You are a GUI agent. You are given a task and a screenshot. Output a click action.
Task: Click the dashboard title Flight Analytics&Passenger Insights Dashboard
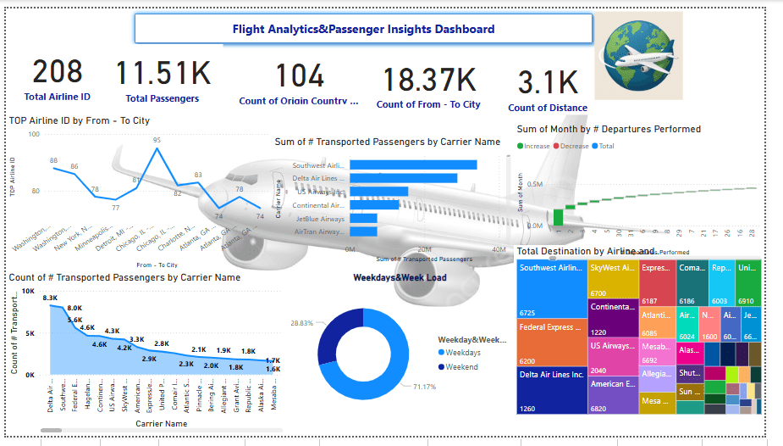(363, 29)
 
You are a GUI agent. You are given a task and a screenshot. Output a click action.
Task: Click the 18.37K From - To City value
(428, 80)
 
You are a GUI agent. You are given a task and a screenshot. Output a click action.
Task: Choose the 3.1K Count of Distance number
(547, 83)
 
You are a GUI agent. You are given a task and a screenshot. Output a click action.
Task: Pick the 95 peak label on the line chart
(157, 141)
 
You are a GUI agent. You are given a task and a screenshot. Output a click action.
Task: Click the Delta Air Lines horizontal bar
(403, 178)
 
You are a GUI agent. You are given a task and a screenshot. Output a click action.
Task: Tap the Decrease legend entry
(573, 146)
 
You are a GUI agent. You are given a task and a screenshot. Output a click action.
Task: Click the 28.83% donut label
(301, 324)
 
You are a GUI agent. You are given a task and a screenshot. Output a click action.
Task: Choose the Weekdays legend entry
(463, 352)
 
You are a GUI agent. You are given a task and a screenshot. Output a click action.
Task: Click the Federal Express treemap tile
(552, 342)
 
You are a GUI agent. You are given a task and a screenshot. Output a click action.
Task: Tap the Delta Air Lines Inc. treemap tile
(552, 390)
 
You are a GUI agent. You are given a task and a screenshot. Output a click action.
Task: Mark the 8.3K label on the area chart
(50, 298)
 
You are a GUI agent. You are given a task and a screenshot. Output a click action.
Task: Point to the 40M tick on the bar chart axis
(499, 249)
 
